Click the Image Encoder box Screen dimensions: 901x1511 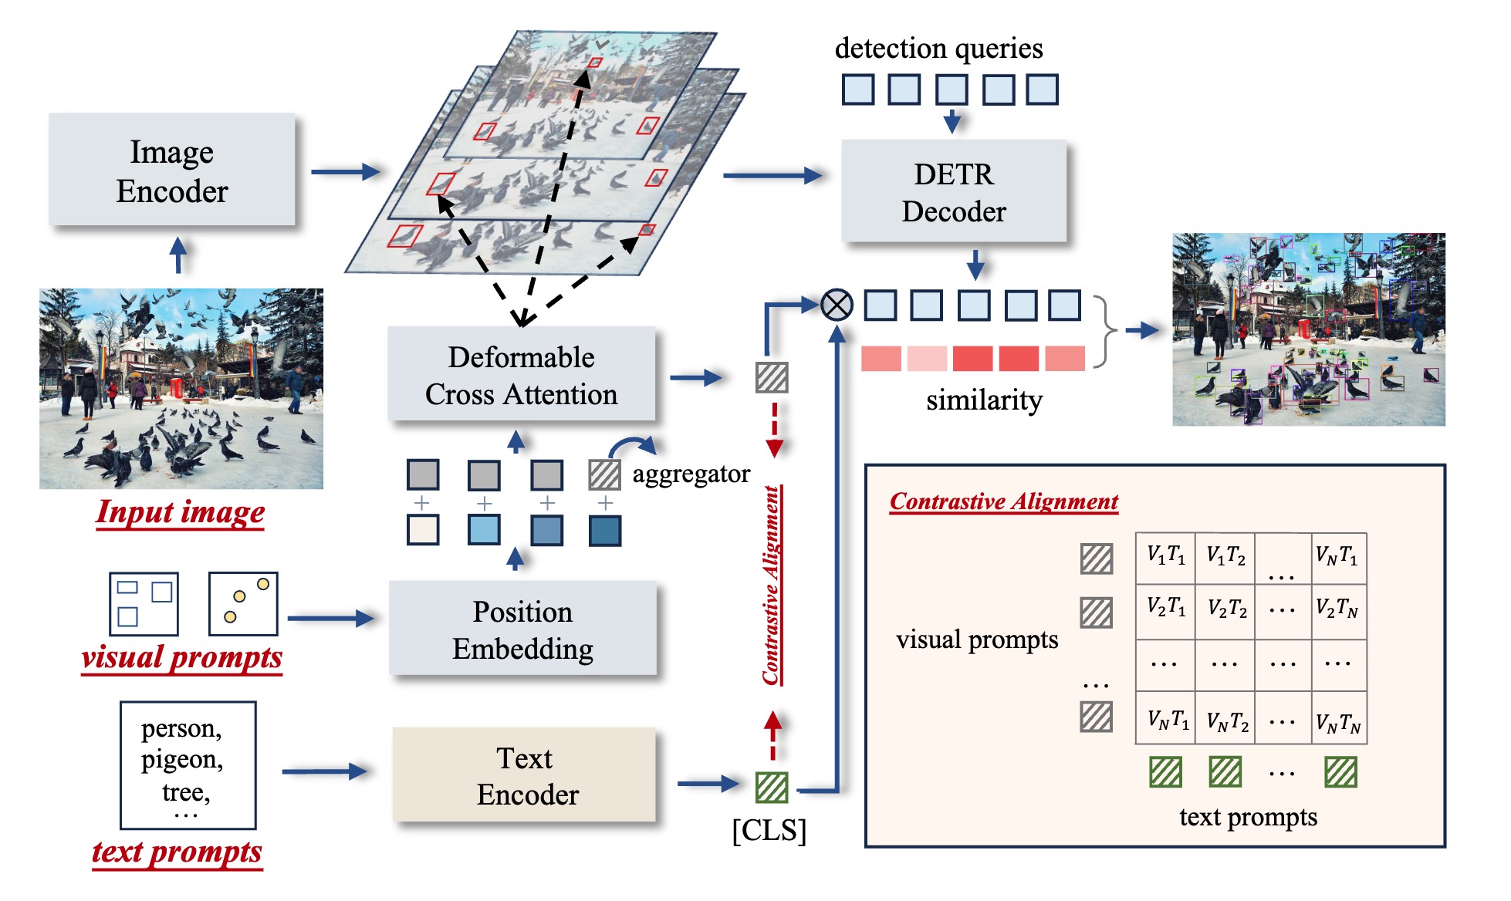[x=171, y=170]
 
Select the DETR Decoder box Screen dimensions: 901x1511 [x=954, y=192]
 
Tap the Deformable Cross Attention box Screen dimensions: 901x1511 [x=522, y=375]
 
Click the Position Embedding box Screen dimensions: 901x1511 [x=522, y=629]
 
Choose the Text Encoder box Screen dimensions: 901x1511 [x=525, y=775]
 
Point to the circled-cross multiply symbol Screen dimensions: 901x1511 [x=837, y=305]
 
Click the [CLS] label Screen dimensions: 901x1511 [x=769, y=831]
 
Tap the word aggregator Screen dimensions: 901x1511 [x=691, y=474]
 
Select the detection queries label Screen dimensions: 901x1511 [x=938, y=49]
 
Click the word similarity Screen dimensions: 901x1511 [x=984, y=400]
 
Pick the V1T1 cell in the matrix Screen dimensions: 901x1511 [x=1165, y=555]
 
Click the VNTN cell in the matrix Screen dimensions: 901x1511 [x=1338, y=721]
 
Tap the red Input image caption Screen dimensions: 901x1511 [x=181, y=512]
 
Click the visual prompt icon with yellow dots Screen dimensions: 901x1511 [x=243, y=603]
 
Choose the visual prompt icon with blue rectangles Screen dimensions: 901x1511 [x=144, y=603]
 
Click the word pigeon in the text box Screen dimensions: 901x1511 [x=182, y=760]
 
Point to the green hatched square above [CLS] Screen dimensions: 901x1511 [x=772, y=788]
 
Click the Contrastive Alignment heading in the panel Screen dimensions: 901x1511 [x=1003, y=502]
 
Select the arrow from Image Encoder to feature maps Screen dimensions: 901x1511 [x=345, y=171]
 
